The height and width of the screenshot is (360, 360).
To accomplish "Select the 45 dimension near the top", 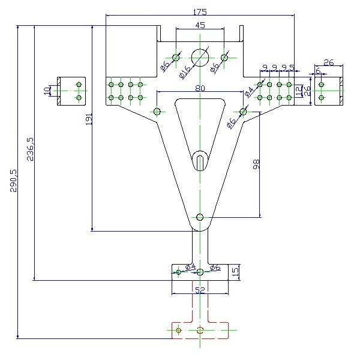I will click(x=200, y=25).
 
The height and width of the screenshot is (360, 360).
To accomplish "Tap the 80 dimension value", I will click(x=200, y=88).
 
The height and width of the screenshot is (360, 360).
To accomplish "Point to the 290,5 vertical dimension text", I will click(x=13, y=180).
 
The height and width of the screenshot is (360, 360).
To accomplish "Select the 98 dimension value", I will click(x=256, y=164).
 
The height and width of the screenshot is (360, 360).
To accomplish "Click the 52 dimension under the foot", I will click(x=200, y=290).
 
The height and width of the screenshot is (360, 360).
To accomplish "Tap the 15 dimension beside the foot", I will click(x=235, y=271).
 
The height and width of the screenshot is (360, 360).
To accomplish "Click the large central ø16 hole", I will click(x=200, y=57).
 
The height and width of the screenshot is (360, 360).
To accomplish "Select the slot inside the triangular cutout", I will click(x=200, y=161).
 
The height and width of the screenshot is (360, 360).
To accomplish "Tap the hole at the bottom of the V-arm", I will click(x=200, y=217).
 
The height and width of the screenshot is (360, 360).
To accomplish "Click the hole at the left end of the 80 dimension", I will click(x=157, y=111).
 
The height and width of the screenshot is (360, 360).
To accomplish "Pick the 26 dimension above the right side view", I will click(x=328, y=62).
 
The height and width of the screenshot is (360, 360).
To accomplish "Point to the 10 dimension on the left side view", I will click(x=47, y=91).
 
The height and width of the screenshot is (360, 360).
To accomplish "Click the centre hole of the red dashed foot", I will click(x=200, y=330).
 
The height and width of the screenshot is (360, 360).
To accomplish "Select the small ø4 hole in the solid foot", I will click(x=178, y=272).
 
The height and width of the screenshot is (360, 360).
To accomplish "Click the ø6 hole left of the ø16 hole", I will click(x=176, y=58).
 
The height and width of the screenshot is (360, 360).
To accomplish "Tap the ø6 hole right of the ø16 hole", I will click(x=224, y=58).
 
